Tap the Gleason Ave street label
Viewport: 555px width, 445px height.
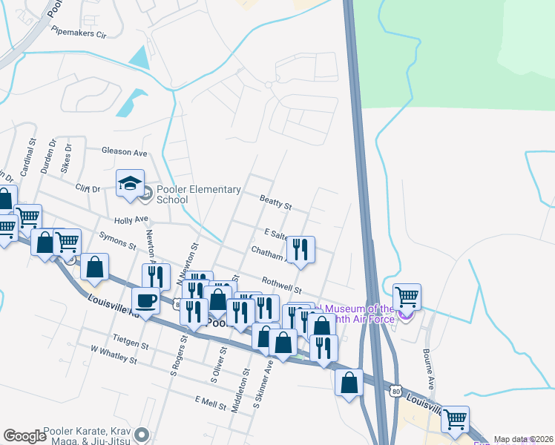pyautogui.click(x=125, y=152)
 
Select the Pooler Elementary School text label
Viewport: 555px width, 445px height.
pyautogui.click(x=198, y=194)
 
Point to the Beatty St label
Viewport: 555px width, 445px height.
pyautogui.click(x=276, y=201)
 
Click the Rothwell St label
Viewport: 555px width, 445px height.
pyautogui.click(x=281, y=285)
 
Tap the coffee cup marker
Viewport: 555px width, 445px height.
pyautogui.click(x=145, y=301)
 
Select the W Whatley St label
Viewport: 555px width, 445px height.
pyautogui.click(x=114, y=354)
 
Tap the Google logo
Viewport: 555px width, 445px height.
pyautogui.click(x=24, y=436)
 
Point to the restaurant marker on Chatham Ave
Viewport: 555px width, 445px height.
pyautogui.click(x=301, y=249)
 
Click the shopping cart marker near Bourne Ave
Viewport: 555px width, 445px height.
pyautogui.click(x=407, y=297)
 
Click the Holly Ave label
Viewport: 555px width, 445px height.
pyautogui.click(x=131, y=220)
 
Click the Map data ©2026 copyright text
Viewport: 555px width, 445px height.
pyautogui.click(x=523, y=439)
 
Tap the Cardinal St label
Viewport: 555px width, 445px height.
pyautogui.click(x=27, y=156)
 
